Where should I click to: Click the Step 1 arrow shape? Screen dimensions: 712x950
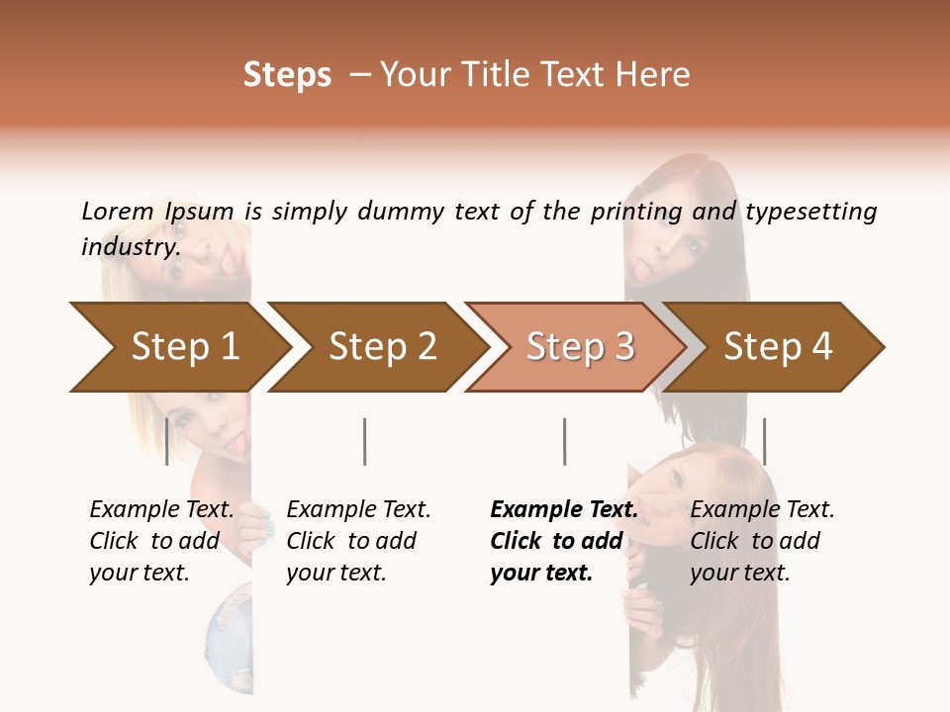point(185,346)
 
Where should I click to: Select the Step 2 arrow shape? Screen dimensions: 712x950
point(383,346)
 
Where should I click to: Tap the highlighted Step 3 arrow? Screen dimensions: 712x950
point(580,346)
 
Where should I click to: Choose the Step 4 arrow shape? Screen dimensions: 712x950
point(778,346)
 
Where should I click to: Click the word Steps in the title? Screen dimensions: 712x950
point(287,75)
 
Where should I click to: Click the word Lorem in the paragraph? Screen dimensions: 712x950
point(117,211)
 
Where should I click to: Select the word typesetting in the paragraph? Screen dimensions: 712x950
point(810,211)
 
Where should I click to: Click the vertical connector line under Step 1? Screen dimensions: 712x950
point(166,441)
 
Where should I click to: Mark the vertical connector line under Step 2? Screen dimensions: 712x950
point(365,441)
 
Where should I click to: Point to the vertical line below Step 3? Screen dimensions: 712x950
point(564,441)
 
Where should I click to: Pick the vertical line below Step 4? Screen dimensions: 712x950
point(764,441)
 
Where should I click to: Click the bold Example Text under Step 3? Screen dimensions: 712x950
point(564,510)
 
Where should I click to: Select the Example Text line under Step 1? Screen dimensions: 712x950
point(161,510)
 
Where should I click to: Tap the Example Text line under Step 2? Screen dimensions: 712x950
point(358,510)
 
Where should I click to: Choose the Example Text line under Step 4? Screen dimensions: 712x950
point(762,510)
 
